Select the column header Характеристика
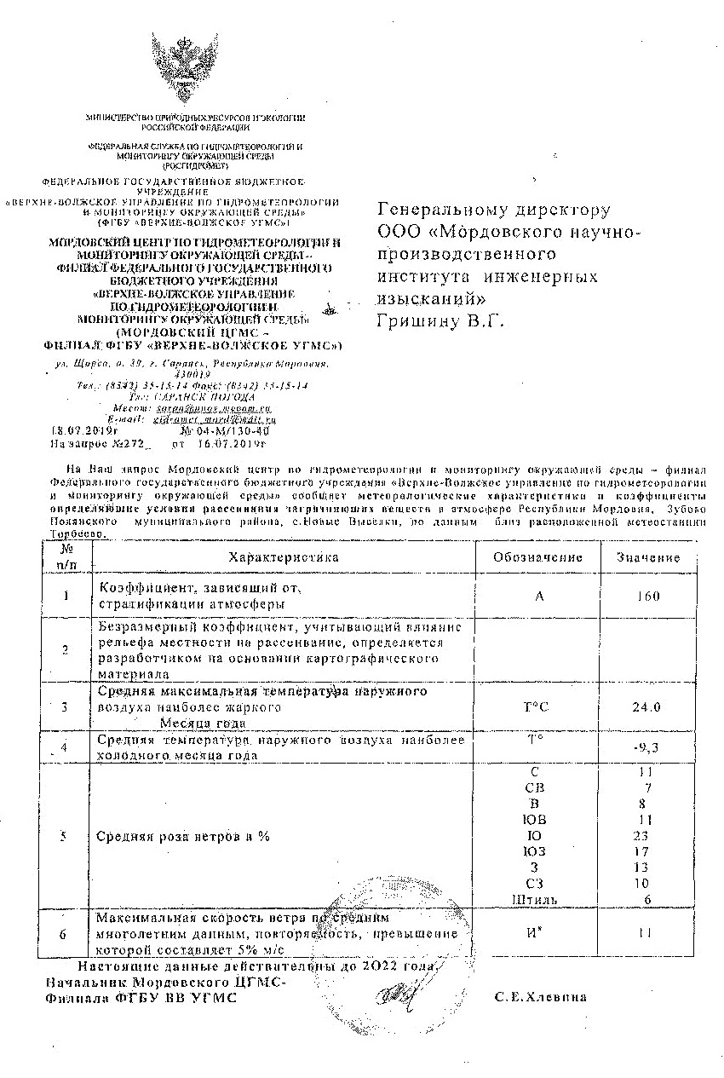click(x=284, y=557)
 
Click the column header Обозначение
click(x=537, y=557)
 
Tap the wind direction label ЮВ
click(x=537, y=819)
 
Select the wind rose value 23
click(x=643, y=835)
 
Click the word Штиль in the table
click(x=535, y=900)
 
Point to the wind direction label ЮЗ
click(x=537, y=851)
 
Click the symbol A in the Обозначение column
click(x=539, y=596)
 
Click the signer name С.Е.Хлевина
click(x=541, y=997)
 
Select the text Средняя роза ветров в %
click(x=183, y=836)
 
